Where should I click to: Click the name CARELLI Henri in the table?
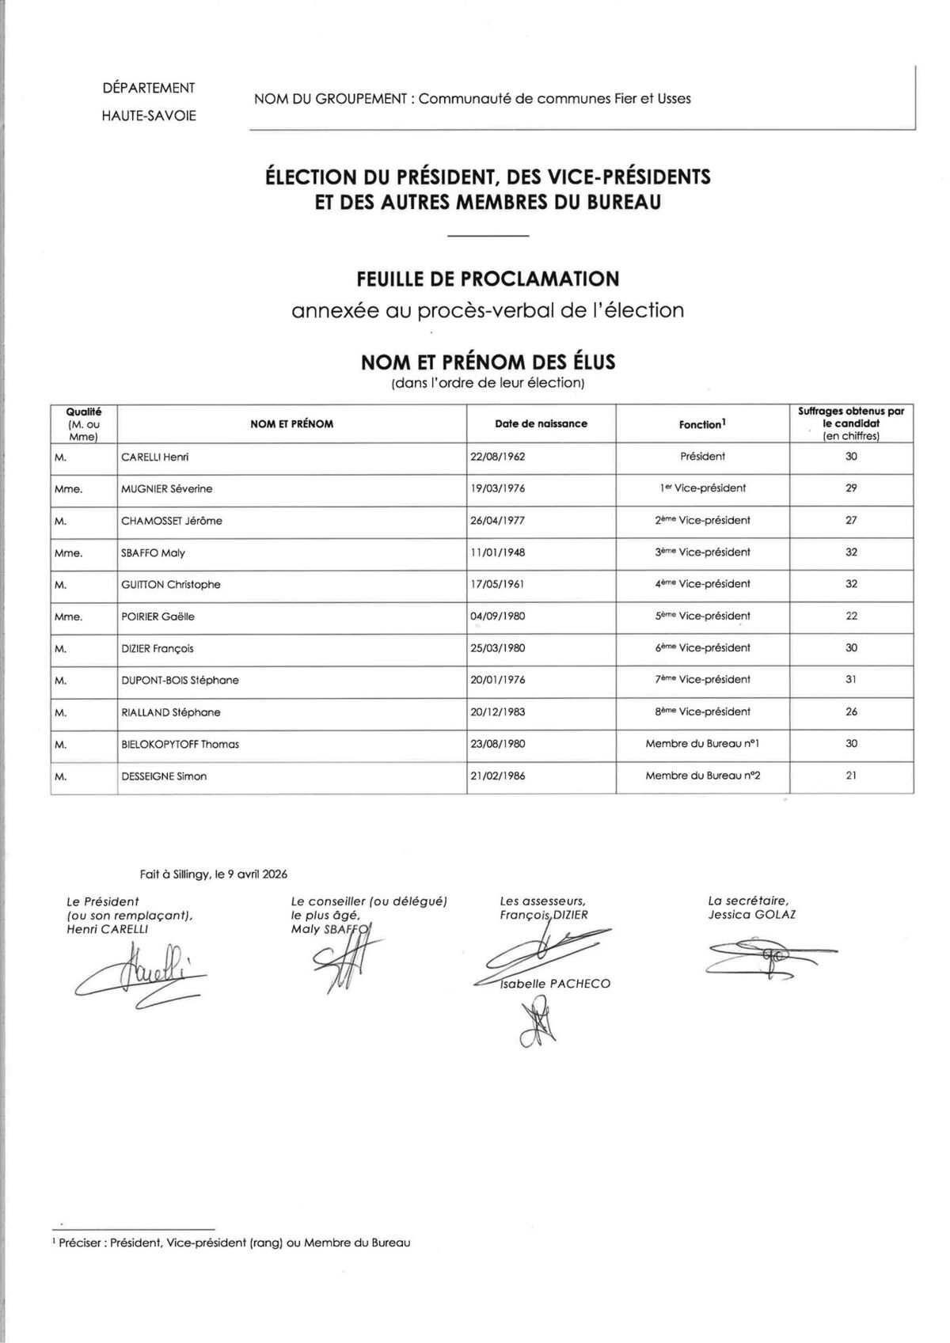pos(154,457)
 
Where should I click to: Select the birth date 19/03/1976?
pos(497,489)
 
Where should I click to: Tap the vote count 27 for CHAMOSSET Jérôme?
pos(851,521)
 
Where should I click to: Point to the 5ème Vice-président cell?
pos(702,616)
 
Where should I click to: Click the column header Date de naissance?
pos(541,424)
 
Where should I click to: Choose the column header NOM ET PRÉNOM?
pos(291,424)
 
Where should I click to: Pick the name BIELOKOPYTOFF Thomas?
pos(180,745)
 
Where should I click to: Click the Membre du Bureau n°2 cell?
pos(702,776)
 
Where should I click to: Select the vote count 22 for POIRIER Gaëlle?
pos(851,616)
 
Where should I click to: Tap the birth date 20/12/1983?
pos(497,712)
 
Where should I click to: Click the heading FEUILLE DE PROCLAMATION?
pos(488,279)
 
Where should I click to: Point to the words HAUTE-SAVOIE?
pos(149,116)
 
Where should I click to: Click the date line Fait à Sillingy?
pos(214,874)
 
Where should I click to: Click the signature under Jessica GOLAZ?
pos(760,959)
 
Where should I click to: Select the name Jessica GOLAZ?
pos(752,915)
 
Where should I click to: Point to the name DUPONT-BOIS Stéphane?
pos(180,681)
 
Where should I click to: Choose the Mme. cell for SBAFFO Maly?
pos(68,553)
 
